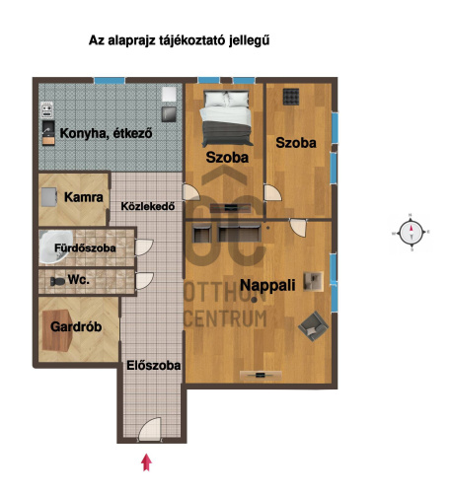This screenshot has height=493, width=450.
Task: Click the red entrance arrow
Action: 146,462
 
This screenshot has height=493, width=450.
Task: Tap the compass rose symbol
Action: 411,233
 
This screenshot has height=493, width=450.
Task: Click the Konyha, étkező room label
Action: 106,133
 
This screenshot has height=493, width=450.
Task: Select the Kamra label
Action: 84,197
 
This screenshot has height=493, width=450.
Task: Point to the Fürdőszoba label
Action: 85,247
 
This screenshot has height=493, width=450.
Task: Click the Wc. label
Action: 79,280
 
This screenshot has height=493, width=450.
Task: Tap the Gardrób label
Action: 76,326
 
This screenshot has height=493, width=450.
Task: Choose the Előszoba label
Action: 154,366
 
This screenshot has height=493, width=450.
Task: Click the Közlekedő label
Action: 148,206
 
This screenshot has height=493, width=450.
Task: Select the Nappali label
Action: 267,285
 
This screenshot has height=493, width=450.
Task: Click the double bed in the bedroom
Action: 226,118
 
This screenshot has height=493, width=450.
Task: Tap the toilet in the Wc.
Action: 57,281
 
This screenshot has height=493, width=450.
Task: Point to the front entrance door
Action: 150,429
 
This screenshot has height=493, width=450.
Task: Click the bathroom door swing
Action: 144,247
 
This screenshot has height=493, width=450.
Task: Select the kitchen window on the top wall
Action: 110,81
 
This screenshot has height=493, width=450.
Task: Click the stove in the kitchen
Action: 47,109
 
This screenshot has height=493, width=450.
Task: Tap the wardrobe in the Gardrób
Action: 57,330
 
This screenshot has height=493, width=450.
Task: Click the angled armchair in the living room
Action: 313,325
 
